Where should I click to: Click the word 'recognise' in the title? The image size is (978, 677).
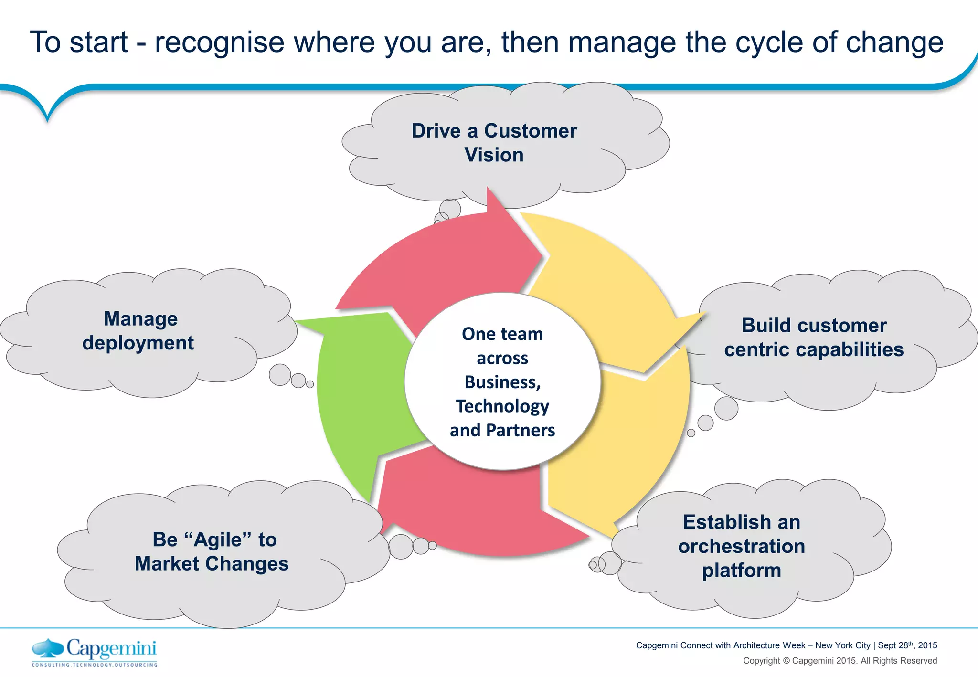(220, 42)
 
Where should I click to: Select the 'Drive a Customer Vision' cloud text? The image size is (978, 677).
(494, 143)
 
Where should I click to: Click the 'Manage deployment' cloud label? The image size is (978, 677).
(139, 330)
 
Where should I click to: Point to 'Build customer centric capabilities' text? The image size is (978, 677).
(814, 338)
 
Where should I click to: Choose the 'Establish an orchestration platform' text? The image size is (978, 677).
(741, 546)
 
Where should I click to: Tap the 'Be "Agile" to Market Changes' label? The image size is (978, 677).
(213, 551)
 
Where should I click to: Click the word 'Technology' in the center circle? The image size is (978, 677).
(502, 406)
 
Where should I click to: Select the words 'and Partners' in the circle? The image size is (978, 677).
(502, 430)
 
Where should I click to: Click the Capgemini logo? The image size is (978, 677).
(95, 652)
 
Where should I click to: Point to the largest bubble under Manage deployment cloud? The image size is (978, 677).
(280, 374)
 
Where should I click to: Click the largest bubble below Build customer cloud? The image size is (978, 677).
(726, 408)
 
